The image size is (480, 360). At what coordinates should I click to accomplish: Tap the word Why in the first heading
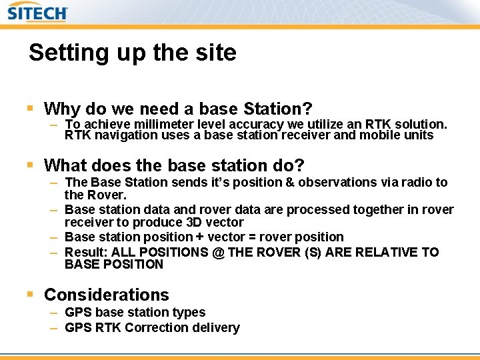62,108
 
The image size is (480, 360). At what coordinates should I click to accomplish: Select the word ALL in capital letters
125,252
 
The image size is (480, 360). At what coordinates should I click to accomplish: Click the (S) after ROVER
315,252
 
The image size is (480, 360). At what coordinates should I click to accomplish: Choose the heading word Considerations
106,294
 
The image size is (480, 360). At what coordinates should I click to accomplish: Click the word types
190,312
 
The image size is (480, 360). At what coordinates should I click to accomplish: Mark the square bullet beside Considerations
30,294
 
